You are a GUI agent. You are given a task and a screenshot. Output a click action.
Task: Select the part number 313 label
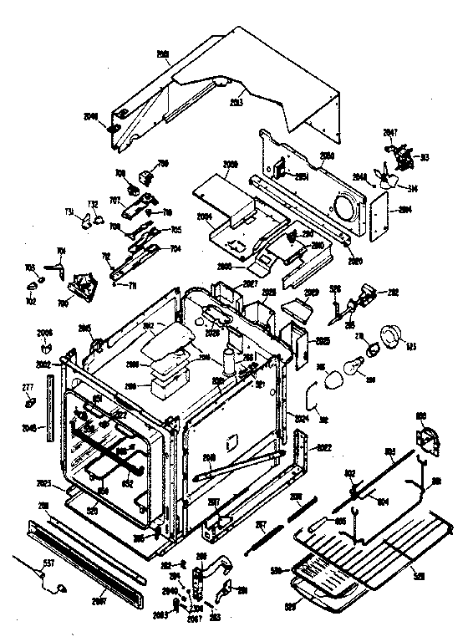425,156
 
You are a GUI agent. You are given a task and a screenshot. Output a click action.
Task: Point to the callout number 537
48,563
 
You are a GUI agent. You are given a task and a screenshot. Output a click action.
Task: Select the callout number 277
27,387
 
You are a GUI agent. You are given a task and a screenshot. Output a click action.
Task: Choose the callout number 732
93,204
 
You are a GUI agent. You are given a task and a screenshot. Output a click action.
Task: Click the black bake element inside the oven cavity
109,451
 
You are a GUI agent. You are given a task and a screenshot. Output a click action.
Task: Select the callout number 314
415,189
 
